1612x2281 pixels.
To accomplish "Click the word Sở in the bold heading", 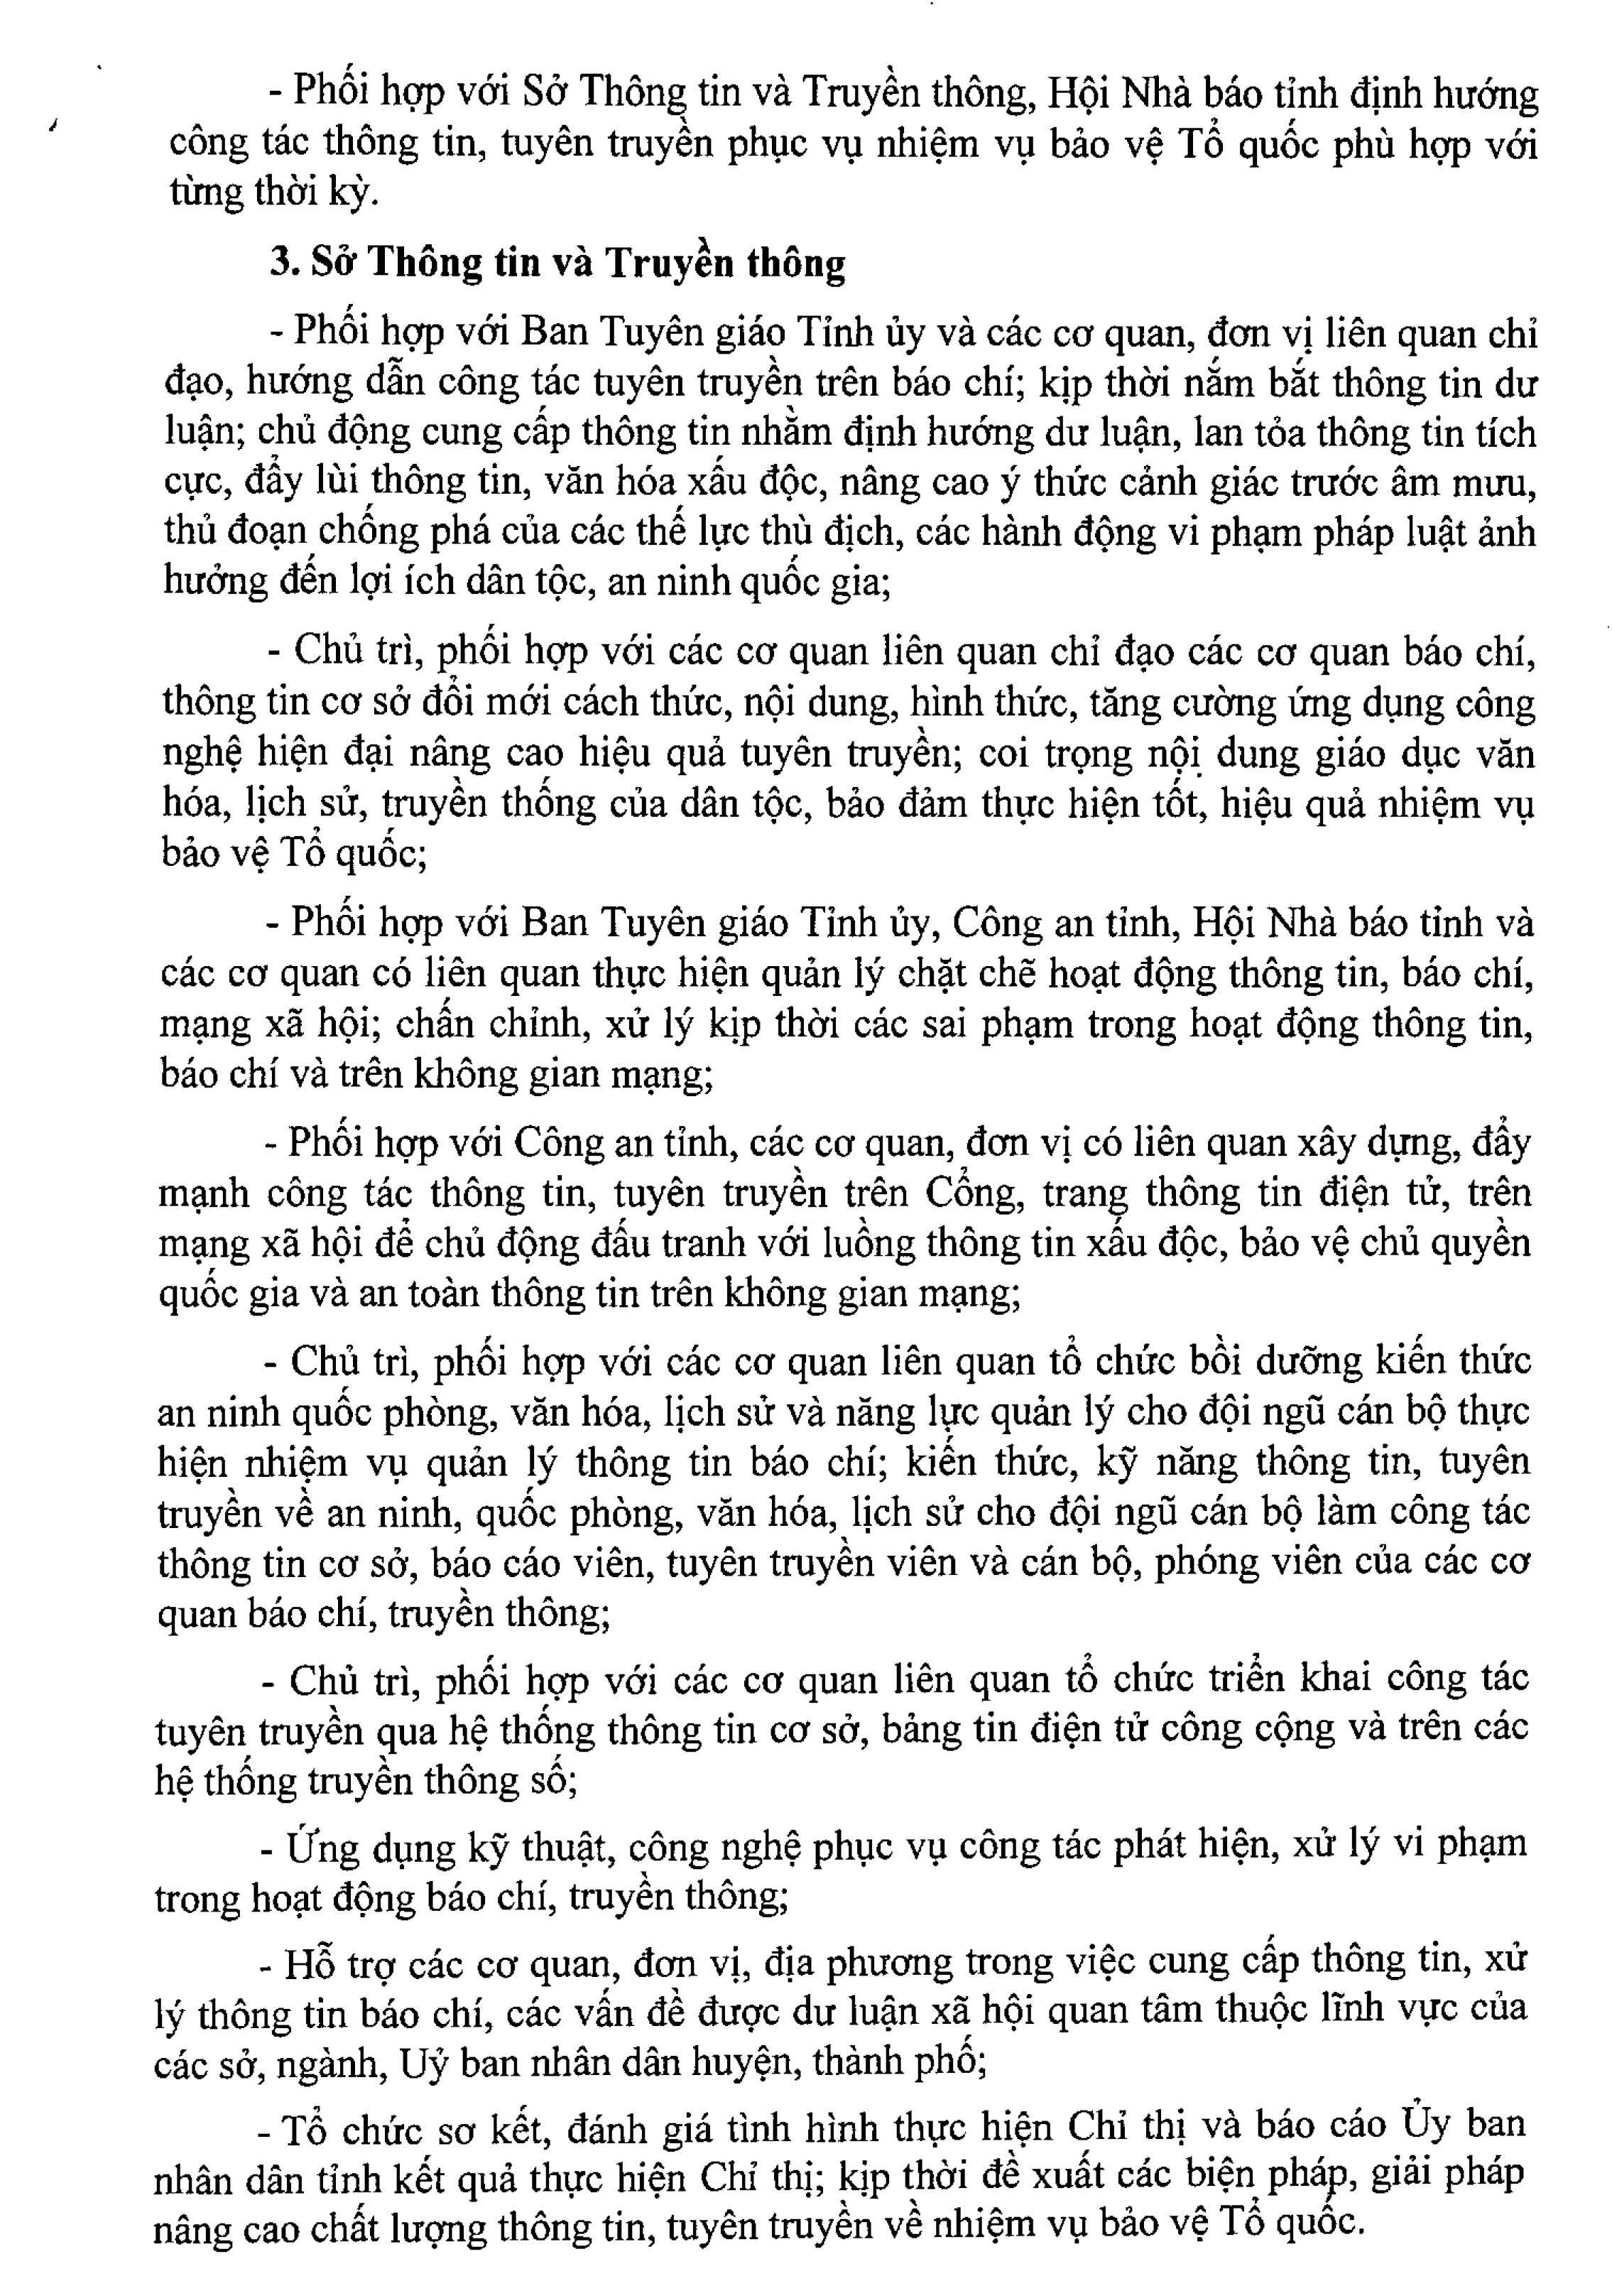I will point(334,264).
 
